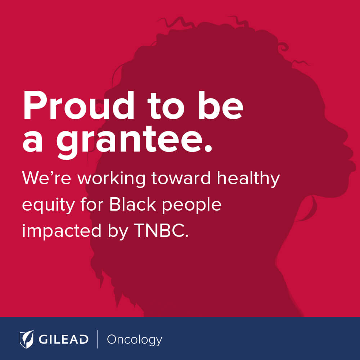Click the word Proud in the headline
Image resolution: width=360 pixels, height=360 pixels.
[x=78, y=105]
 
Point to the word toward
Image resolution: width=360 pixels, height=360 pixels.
[x=181, y=178]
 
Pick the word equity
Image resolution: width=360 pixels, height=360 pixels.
[x=49, y=205]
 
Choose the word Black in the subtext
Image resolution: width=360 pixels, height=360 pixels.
[x=132, y=204]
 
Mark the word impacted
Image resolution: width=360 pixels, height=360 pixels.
[x=62, y=231]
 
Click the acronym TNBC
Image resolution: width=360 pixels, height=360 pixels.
[x=161, y=230]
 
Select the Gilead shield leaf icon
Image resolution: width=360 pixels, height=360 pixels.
[x=27, y=339]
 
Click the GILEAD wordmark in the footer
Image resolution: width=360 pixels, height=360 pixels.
[x=63, y=339]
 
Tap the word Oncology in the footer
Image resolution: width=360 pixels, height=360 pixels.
[x=135, y=340]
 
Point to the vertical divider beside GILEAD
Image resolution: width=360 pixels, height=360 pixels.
[x=98, y=339]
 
